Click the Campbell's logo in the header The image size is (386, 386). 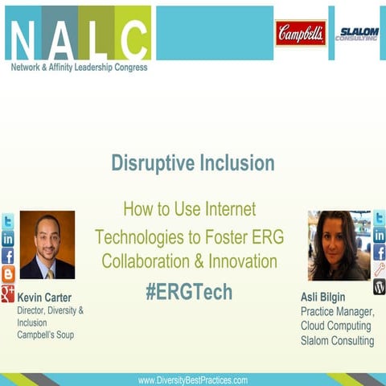coord(301,33)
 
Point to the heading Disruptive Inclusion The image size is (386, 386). coord(193,164)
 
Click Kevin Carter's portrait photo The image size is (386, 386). coord(47,245)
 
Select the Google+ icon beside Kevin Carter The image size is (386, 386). coord(8,294)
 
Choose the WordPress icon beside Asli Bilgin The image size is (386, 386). coord(379,287)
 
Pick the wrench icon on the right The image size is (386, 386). coord(379,269)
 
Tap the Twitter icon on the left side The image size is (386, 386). coord(8,221)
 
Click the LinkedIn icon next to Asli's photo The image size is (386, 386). coord(379,235)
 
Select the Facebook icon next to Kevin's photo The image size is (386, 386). coord(8,257)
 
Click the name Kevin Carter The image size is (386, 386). coord(44,298)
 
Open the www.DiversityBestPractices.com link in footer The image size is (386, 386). coord(193,380)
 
